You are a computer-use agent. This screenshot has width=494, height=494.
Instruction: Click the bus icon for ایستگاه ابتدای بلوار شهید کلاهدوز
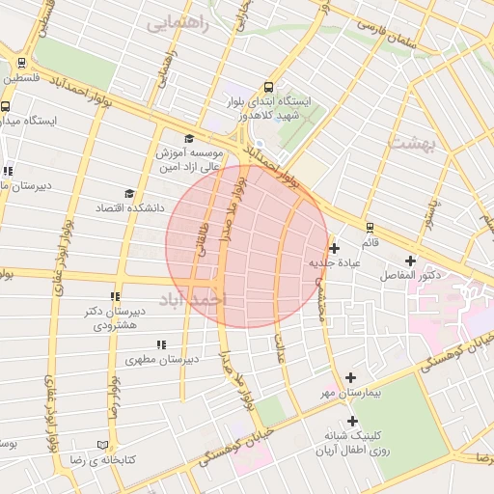pos(268,86)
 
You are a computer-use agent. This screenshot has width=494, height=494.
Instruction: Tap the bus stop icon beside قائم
pos(369,228)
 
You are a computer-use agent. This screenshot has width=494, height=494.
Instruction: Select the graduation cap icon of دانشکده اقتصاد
pos(129,193)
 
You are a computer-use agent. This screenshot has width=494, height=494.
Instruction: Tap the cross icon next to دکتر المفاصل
pos(411,261)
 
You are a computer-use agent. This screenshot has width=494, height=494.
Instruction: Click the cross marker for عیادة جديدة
pos(334,248)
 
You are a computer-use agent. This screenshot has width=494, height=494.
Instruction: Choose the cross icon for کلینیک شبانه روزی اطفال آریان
pos(353,421)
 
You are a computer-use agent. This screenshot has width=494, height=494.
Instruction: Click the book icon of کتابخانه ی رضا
pos(103,445)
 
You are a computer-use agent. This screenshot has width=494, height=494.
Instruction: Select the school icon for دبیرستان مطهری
pos(161,343)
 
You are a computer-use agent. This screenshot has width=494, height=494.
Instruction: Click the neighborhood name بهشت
pos(414,142)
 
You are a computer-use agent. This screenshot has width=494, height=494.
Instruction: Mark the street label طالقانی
pos(204,235)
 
